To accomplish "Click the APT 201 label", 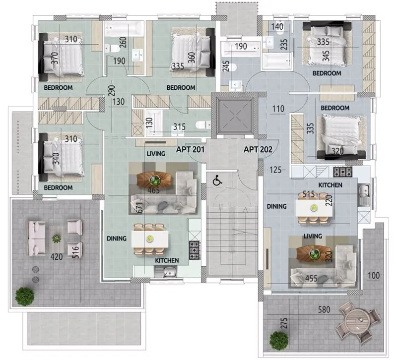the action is point(190,149).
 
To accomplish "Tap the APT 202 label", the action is point(258,149).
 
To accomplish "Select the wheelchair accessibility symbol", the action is point(217,180).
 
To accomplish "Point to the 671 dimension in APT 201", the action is point(140,207).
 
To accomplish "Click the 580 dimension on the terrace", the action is point(324,309).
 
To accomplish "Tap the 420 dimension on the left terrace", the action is point(57,257).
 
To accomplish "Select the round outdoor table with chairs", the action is point(358,319).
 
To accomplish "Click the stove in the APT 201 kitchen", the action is point(195,250).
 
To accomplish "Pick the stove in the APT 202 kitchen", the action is point(342,172).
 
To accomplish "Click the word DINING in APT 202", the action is point(277,206).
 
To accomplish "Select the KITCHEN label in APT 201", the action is point(167,260).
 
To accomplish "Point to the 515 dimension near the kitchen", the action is point(309,194).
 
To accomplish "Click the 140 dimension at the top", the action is point(277,27).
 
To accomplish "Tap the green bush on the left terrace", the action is point(24,296).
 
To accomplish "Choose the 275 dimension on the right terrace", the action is point(284,323).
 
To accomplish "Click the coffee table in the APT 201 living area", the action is point(154,179).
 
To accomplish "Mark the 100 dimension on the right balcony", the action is point(374,276).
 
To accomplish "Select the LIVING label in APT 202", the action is point(313,236).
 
